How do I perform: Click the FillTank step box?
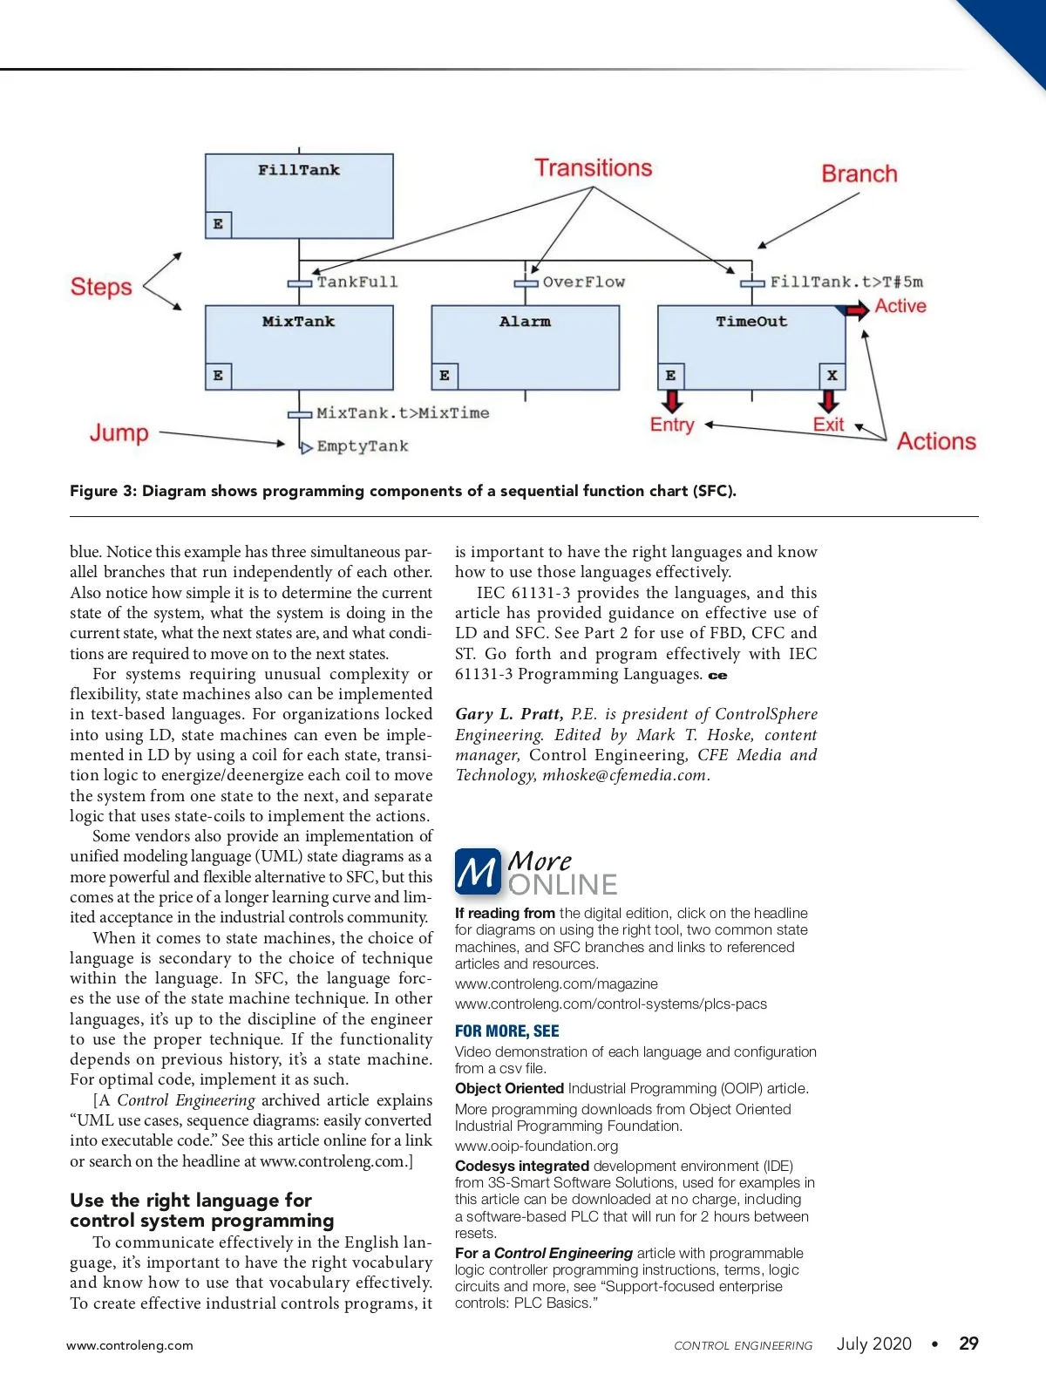click(299, 196)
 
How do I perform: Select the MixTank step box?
click(299, 347)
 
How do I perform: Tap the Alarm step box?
click(525, 347)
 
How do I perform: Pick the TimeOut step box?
click(751, 347)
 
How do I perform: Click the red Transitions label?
click(593, 168)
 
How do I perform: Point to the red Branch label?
click(859, 174)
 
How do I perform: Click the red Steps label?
click(101, 287)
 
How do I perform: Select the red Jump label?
click(119, 432)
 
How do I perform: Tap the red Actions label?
click(936, 441)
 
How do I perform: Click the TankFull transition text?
click(357, 282)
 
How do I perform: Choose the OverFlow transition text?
click(583, 282)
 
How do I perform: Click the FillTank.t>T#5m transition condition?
click(846, 282)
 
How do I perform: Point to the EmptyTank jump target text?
click(362, 446)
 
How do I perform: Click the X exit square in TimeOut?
click(832, 376)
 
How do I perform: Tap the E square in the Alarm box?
click(445, 376)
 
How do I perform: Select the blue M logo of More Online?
click(478, 872)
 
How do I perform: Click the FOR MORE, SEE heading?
click(506, 1031)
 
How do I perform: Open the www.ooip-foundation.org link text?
click(536, 1146)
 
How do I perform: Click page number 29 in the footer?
click(968, 1344)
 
